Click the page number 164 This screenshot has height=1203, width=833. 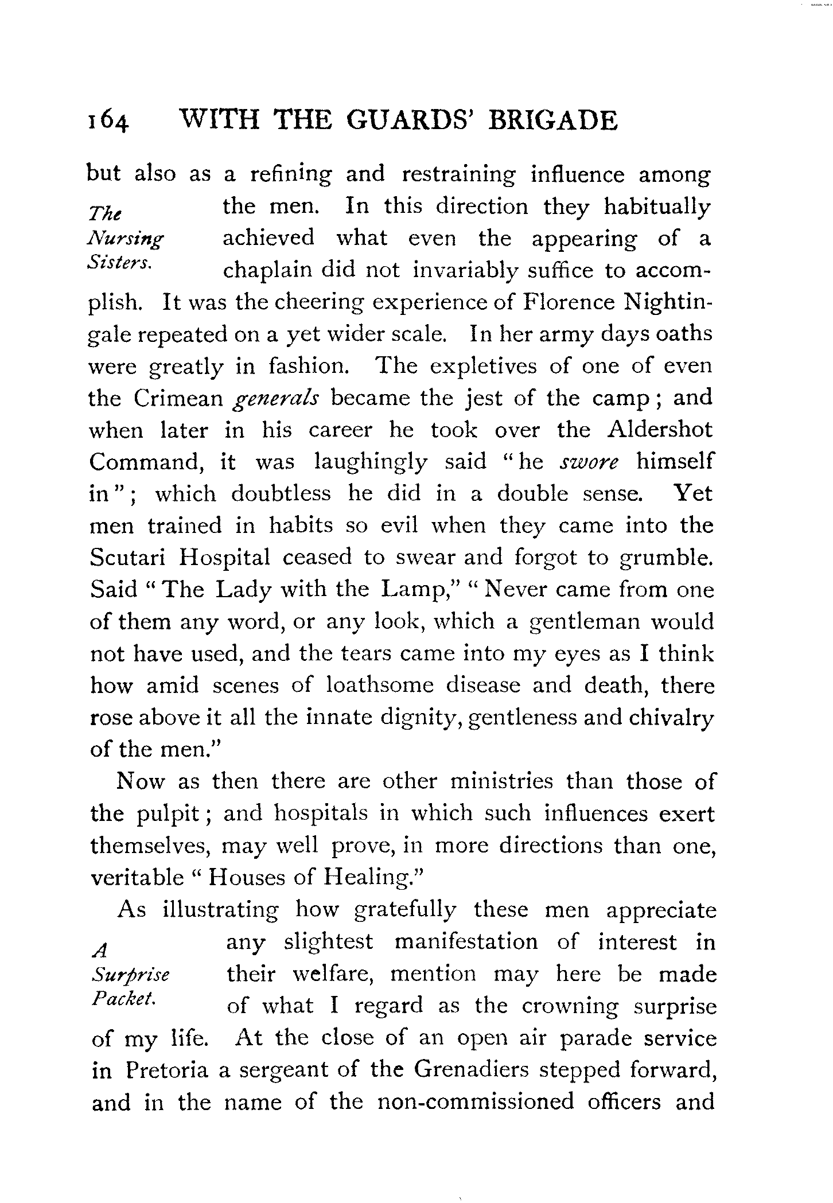107,122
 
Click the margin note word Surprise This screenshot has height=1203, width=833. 130,975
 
